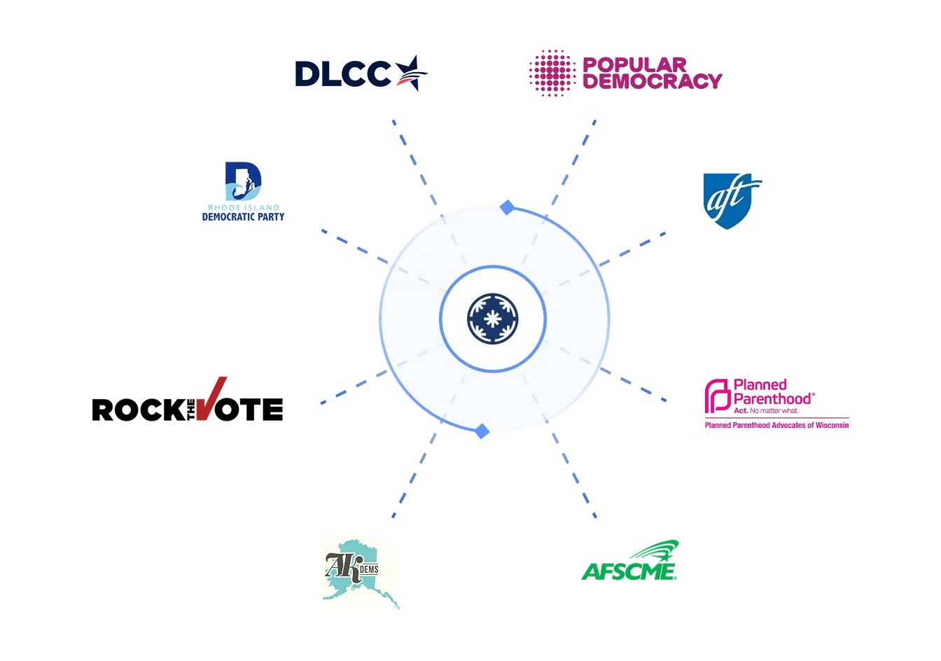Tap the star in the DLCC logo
(410, 74)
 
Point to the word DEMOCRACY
(652, 81)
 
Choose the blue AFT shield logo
(733, 199)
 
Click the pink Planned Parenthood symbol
(717, 396)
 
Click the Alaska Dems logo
(363, 573)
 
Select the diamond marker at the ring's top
(508, 207)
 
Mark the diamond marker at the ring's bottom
(481, 432)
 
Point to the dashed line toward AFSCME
(574, 476)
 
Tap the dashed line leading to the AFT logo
(634, 246)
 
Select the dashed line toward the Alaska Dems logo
(413, 476)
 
